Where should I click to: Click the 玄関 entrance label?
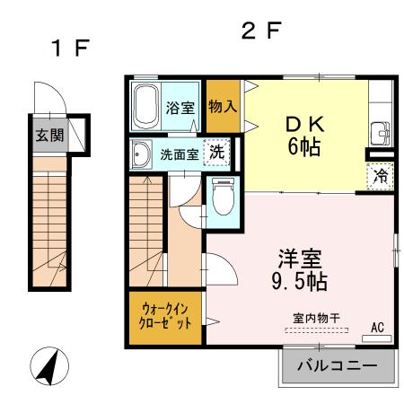pyautogui.click(x=49, y=137)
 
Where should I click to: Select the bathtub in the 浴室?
pyautogui.click(x=146, y=106)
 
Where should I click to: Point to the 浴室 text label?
pyautogui.click(x=180, y=109)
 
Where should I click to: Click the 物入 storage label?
pyautogui.click(x=223, y=106)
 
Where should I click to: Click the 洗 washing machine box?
pyautogui.click(x=216, y=153)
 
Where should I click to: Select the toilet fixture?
pyautogui.click(x=222, y=198)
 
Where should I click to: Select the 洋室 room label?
pyautogui.click(x=300, y=258)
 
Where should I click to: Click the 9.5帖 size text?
pyautogui.click(x=300, y=281)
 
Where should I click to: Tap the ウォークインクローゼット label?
pyautogui.click(x=165, y=316)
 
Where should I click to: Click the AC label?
pyautogui.click(x=377, y=328)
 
